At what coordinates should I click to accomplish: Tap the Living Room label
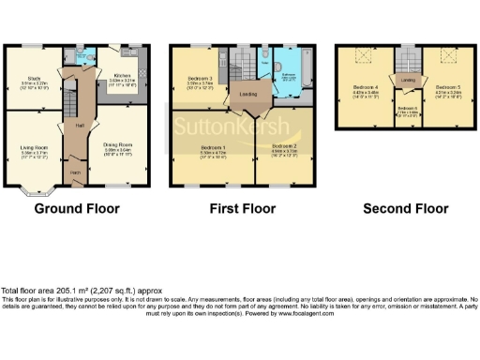pyautogui.click(x=34, y=147)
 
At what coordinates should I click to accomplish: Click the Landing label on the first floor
pyautogui.click(x=249, y=94)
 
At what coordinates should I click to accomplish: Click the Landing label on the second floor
pyautogui.click(x=408, y=81)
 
